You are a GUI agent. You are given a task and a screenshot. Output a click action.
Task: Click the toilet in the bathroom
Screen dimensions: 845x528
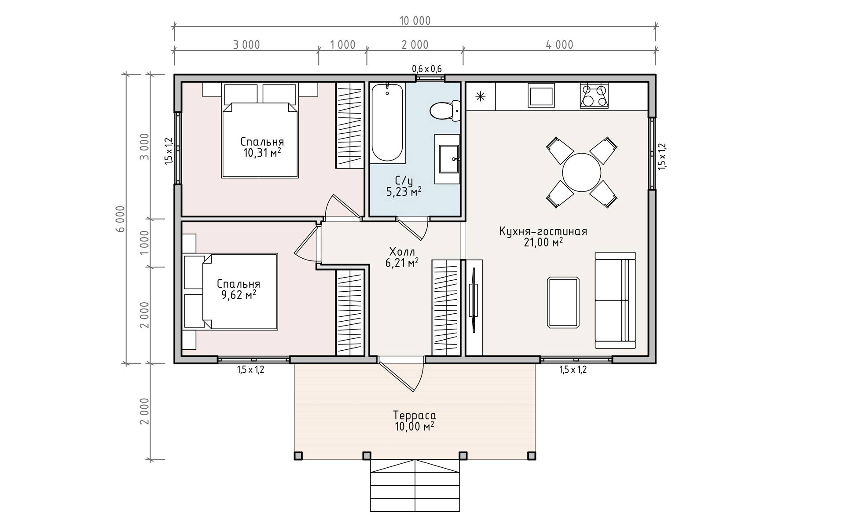tap(445, 110)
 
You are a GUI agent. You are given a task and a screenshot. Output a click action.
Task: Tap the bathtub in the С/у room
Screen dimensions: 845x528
tap(387, 123)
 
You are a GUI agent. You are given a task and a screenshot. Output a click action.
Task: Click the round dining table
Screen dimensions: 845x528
tap(581, 172)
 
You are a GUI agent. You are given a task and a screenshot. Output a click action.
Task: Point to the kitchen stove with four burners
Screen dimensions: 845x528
tap(594, 96)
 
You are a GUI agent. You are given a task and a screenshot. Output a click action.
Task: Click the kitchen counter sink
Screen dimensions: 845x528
tap(541, 95)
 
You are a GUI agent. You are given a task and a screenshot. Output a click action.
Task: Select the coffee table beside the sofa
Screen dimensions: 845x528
tap(563, 302)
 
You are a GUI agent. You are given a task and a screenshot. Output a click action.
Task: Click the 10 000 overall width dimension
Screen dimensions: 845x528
tap(415, 21)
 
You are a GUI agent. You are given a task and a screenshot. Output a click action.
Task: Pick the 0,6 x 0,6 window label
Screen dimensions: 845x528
tap(427, 69)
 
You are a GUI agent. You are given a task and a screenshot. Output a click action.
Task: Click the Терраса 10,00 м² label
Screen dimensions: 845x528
tap(415, 421)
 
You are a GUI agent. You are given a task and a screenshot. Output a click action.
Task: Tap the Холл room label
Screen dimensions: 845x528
tap(402, 252)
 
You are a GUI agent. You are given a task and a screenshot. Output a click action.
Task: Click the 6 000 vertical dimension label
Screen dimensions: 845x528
tap(121, 219)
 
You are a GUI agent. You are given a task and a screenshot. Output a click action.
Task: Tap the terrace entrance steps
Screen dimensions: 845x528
tap(415, 486)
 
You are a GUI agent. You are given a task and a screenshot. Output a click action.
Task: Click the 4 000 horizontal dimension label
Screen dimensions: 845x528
tap(559, 45)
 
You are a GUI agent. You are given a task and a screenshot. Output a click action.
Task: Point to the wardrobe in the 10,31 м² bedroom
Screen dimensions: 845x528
tap(350, 125)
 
